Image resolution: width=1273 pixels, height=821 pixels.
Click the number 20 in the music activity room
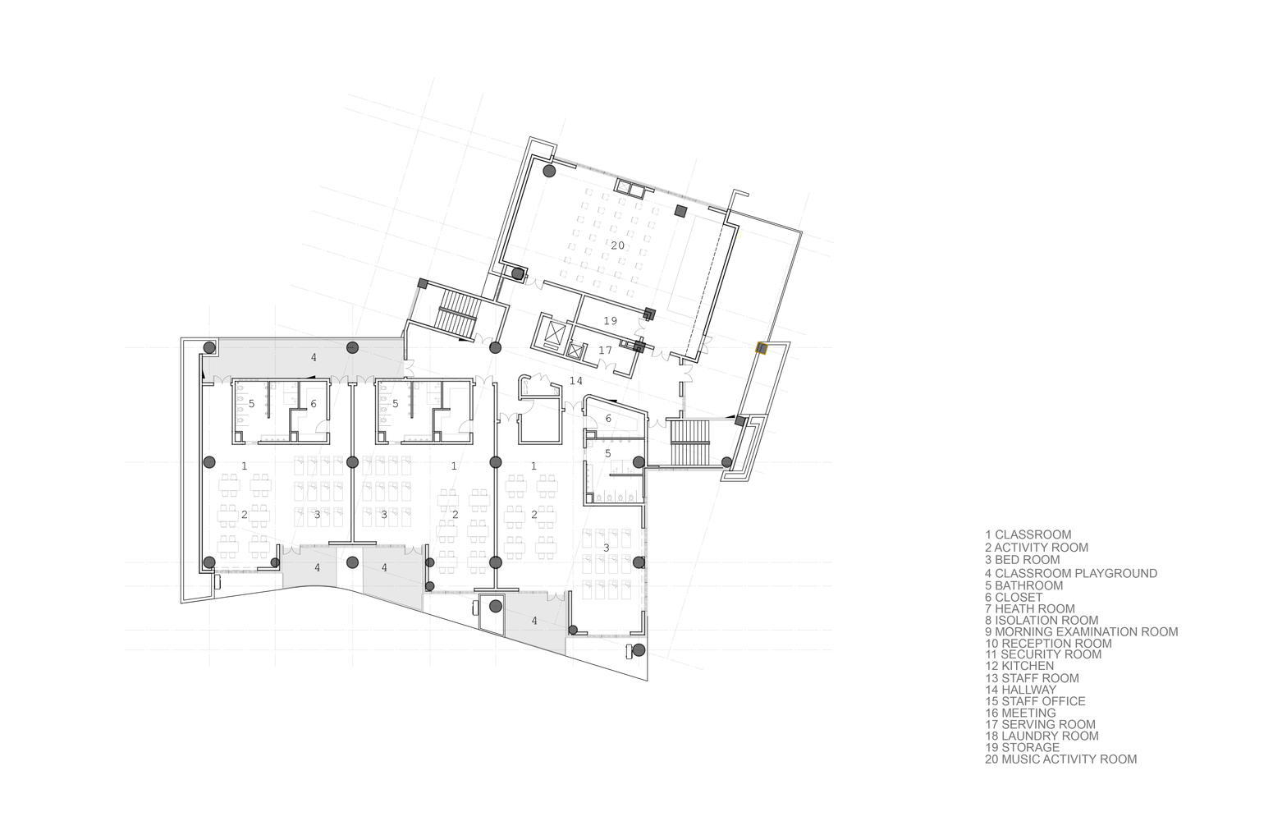(618, 245)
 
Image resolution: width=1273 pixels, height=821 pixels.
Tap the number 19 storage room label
(611, 321)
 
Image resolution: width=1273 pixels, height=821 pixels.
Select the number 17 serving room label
(605, 351)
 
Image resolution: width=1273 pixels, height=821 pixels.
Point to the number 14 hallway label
(576, 381)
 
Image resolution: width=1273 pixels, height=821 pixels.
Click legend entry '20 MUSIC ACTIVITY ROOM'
(1060, 759)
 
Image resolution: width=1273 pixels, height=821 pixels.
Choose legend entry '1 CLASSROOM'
(1028, 534)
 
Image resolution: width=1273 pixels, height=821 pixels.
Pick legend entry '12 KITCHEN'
(1019, 666)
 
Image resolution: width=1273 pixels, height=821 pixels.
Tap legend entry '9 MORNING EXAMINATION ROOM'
(1082, 631)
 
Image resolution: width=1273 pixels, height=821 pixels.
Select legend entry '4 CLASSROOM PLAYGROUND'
(1071, 573)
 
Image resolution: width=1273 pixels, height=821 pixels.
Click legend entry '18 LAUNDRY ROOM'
(1042, 736)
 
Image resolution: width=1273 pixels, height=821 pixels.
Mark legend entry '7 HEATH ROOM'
(1030, 608)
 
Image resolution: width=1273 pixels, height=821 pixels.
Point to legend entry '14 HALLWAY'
(1021, 690)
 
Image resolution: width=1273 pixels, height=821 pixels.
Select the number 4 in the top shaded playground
(314, 358)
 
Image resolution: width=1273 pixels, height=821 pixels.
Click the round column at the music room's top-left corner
(549, 171)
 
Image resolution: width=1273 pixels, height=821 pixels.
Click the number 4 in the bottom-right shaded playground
(534, 621)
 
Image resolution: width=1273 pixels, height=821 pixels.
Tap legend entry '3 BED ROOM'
(1023, 559)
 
